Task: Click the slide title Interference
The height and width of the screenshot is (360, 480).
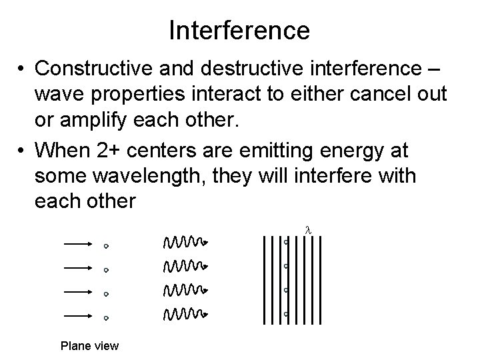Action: [x=239, y=30]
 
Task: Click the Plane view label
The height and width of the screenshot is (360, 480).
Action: [x=89, y=345]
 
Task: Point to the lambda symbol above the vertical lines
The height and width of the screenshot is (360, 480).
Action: [x=307, y=230]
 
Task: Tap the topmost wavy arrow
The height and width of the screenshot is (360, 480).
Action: [x=186, y=241]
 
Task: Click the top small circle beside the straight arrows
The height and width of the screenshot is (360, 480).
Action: [x=106, y=246]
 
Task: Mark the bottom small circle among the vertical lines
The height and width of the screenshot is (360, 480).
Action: [x=285, y=313]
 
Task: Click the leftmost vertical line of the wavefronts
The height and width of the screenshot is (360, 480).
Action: [x=264, y=279]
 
